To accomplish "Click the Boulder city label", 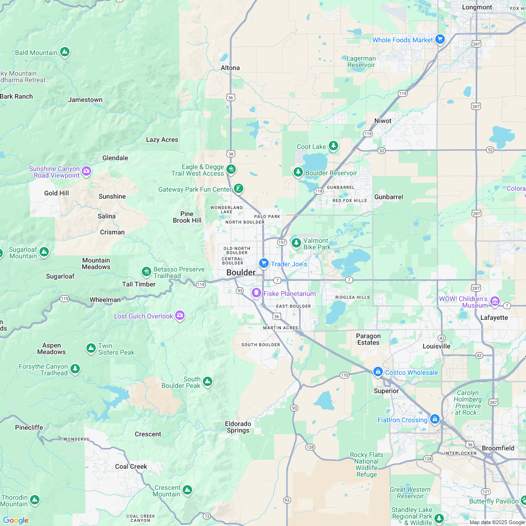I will (x=240, y=273).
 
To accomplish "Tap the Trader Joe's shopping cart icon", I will (x=264, y=263).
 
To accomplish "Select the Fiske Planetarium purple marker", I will (x=256, y=294).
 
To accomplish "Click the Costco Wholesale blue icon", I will (x=378, y=372).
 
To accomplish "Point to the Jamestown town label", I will (x=85, y=100).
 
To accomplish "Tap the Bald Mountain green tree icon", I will (x=65, y=52).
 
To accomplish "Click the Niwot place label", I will (x=383, y=121).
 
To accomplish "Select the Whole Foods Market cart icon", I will (x=440, y=39).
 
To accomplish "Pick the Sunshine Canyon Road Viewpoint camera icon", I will (x=86, y=171).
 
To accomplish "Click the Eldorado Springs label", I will (x=238, y=427).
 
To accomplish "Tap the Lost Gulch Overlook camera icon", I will (x=179, y=316).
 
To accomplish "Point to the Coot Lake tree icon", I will (x=333, y=146).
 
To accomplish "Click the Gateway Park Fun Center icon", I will (x=239, y=189).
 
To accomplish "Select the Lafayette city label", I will (x=494, y=317).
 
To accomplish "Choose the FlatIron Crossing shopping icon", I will (x=434, y=419).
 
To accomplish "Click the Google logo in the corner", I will (x=15, y=520).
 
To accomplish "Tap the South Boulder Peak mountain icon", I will (x=207, y=382).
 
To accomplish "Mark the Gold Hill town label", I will (x=57, y=193).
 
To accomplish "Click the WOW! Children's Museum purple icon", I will (x=495, y=301).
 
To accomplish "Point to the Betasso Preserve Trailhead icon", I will (x=146, y=272).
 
